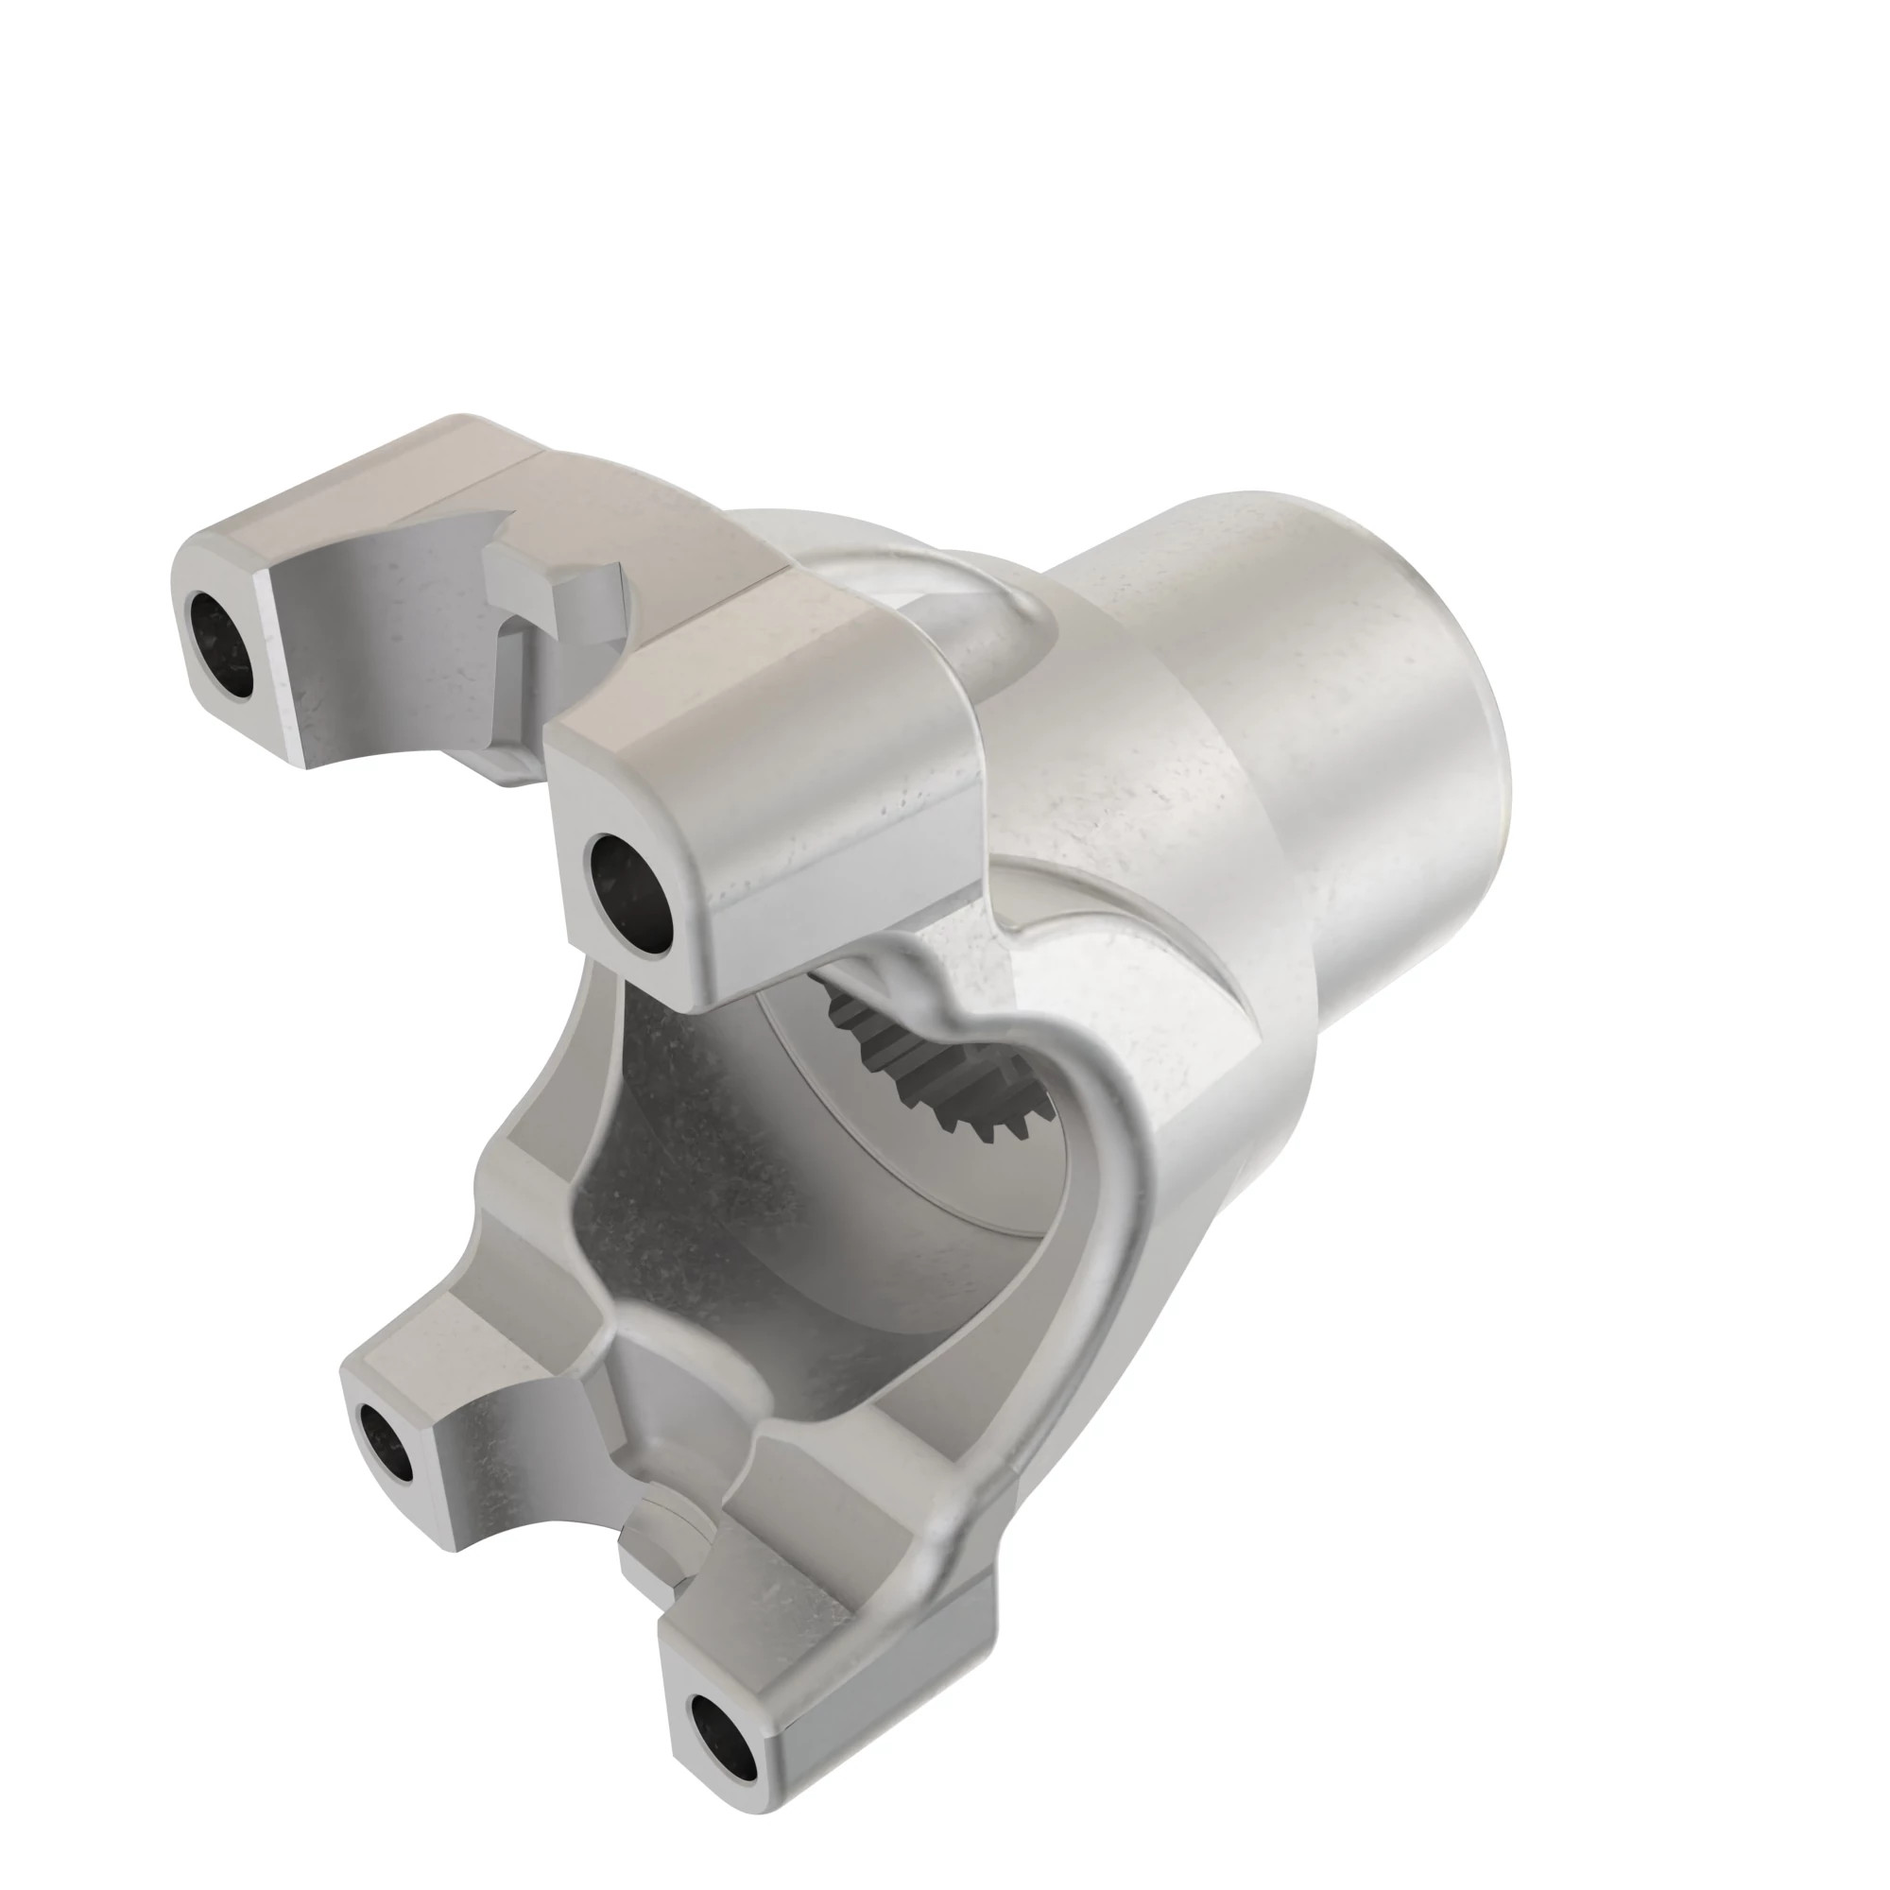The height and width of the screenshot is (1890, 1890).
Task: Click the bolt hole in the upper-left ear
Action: tap(220, 645)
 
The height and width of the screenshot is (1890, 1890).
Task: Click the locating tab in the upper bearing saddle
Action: tap(548, 596)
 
